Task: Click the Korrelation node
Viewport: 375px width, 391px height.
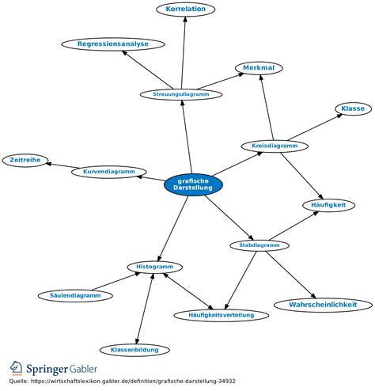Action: pyautogui.click(x=186, y=9)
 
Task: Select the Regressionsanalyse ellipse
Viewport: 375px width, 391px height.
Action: pyautogui.click(x=113, y=44)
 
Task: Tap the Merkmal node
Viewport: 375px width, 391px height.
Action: pyautogui.click(x=259, y=68)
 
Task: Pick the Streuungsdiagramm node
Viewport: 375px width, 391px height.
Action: pyautogui.click(x=181, y=94)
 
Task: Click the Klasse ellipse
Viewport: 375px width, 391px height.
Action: pyautogui.click(x=353, y=108)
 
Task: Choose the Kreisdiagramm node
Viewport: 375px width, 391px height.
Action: pyautogui.click(x=275, y=146)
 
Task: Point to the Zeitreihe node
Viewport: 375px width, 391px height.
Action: pyautogui.click(x=25, y=160)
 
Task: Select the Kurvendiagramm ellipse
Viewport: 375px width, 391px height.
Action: pyautogui.click(x=109, y=172)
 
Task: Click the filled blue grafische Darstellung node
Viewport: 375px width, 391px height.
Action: pyautogui.click(x=193, y=184)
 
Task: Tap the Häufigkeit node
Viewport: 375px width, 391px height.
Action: pyautogui.click(x=328, y=205)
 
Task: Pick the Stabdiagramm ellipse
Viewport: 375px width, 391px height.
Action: pyautogui.click(x=259, y=245)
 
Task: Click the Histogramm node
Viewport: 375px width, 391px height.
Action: pyautogui.click(x=155, y=267)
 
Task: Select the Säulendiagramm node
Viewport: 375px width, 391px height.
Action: pyautogui.click(x=75, y=296)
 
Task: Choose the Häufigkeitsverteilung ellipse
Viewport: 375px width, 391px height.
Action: pyautogui.click(x=222, y=315)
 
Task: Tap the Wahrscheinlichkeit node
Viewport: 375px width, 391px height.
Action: pyautogui.click(x=323, y=305)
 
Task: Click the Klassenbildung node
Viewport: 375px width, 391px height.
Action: pyautogui.click(x=134, y=350)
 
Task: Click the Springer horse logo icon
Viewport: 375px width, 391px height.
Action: pyautogui.click(x=17, y=368)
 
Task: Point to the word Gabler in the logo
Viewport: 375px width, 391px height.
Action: pyautogui.click(x=83, y=369)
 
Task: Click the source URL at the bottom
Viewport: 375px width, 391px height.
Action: pyautogui.click(x=133, y=382)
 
